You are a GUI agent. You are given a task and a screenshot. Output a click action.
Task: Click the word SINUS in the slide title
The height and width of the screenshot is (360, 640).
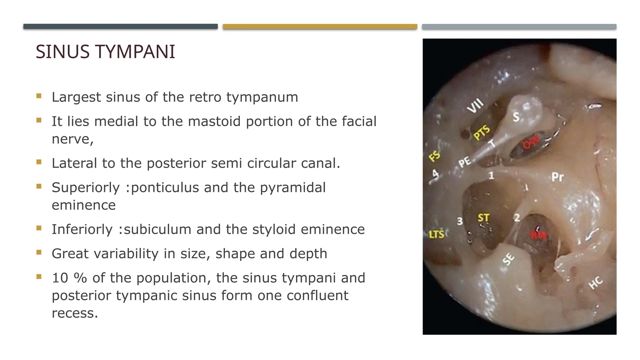coord(62,52)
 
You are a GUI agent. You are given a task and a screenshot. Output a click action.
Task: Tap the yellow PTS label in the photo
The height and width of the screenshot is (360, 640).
coord(482,132)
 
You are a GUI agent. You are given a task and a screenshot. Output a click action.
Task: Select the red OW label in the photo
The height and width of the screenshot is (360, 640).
coord(531,142)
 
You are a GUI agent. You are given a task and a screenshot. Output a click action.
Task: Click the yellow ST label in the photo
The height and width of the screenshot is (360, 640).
coord(483,217)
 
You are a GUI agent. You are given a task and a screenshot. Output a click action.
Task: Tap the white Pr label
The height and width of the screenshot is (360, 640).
coord(557,177)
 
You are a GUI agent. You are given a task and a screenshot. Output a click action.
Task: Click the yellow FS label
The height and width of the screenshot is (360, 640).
coord(434,156)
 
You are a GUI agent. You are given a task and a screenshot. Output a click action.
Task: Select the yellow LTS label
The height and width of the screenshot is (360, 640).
coord(436,234)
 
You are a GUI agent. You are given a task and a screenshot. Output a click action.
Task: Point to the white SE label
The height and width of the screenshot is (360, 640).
coord(508,259)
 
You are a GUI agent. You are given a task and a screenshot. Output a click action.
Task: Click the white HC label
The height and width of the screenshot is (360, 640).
coord(595,282)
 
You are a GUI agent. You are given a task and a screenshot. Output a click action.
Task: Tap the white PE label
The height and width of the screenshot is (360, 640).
coord(464,162)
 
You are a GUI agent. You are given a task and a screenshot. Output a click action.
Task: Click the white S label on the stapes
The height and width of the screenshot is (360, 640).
coord(516,117)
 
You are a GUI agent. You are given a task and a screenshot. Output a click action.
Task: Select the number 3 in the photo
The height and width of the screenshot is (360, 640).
coord(460,221)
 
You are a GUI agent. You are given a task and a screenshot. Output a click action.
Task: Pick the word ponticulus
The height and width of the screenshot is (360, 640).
coord(164,187)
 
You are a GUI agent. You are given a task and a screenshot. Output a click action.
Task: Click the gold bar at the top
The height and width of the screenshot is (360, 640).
coord(320,27)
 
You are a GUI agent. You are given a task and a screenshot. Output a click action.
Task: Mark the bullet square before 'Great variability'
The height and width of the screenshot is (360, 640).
coord(39,252)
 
